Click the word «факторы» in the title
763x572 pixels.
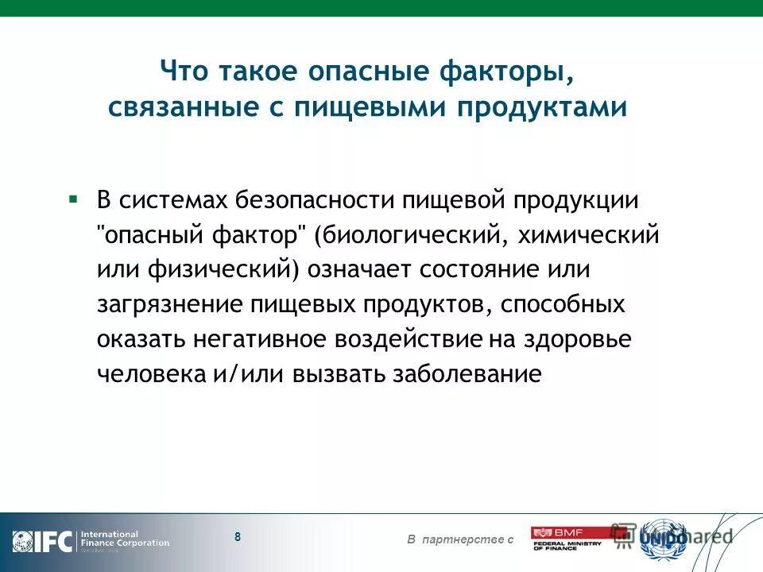tap(505, 71)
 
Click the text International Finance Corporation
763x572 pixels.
tap(125, 539)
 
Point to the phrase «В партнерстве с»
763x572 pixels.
tap(460, 540)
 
